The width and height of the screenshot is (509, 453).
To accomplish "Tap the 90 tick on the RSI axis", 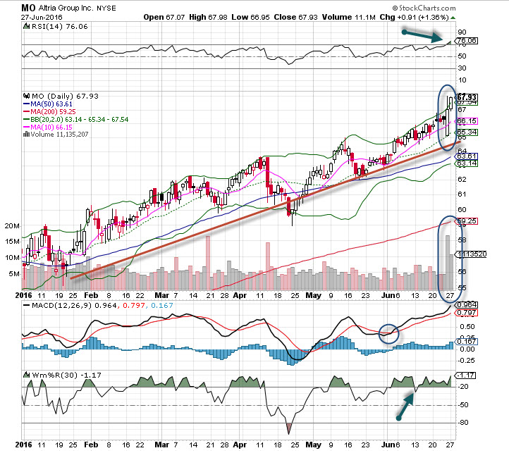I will click(462, 32).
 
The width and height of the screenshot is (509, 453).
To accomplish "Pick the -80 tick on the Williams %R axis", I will click(463, 423).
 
